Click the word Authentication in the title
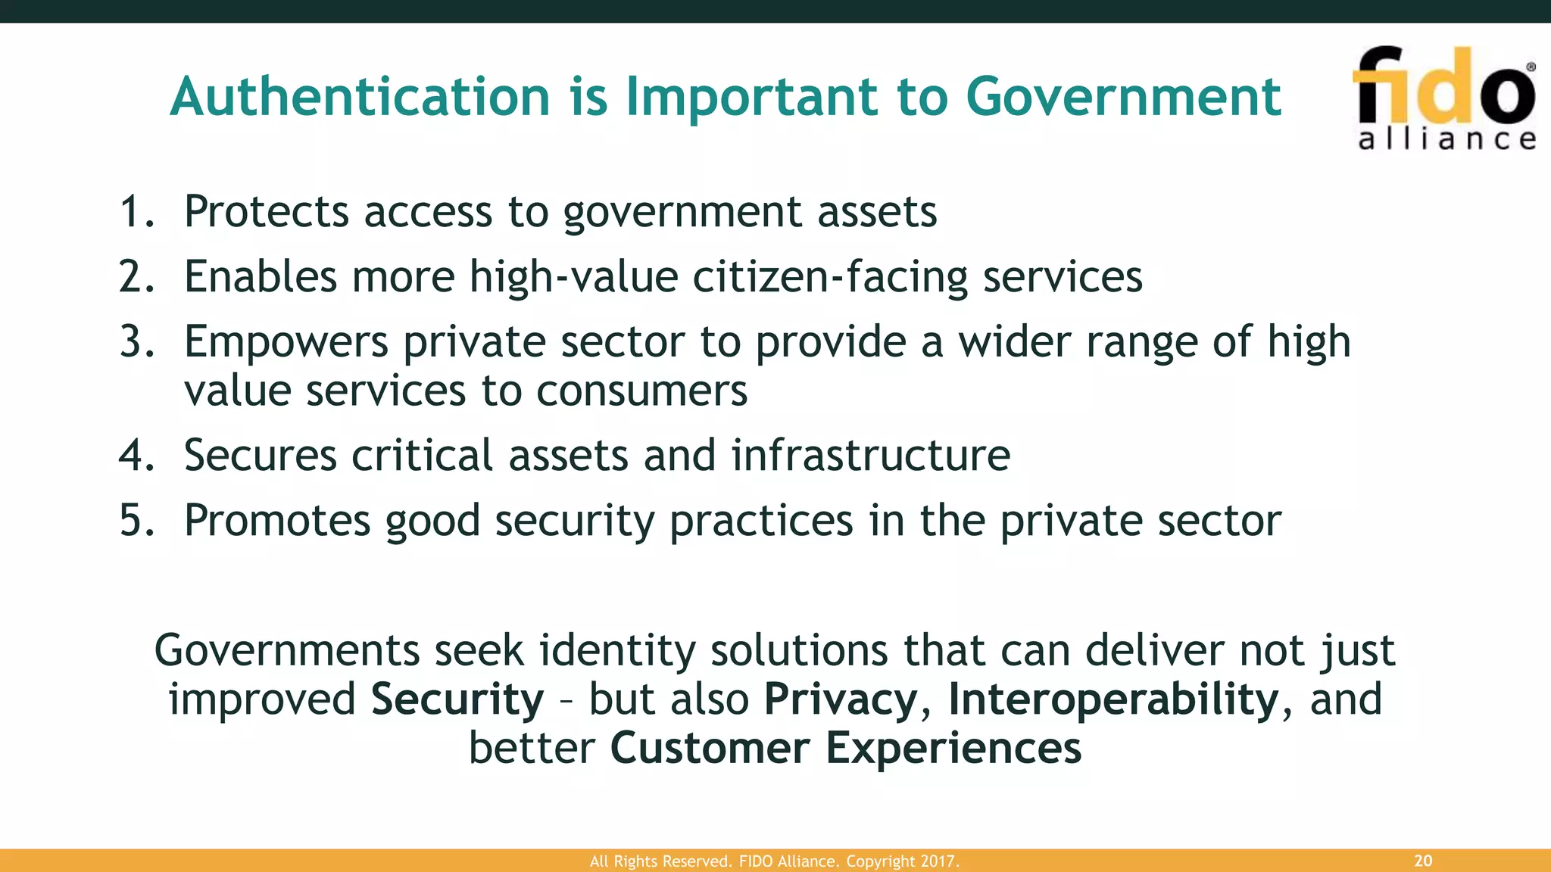coord(360,97)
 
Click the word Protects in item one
coord(266,211)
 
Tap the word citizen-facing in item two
coord(830,276)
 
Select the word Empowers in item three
coord(286,341)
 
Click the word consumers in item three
coord(641,391)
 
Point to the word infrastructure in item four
coord(870,456)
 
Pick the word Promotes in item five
coord(276,521)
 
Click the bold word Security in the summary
coord(457,699)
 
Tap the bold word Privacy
coord(841,699)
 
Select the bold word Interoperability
coord(1113,699)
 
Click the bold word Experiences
coord(953,748)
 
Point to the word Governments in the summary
coord(286,650)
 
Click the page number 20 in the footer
coord(1423,861)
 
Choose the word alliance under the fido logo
coord(1446,139)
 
